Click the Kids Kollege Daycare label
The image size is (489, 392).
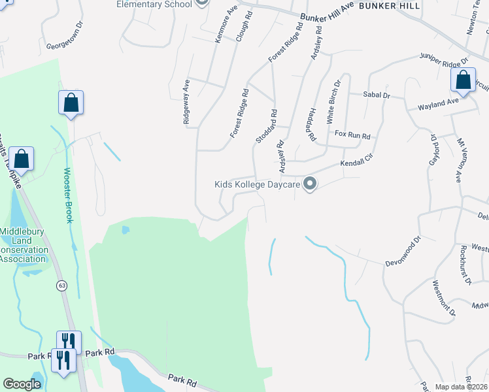tap(257, 185)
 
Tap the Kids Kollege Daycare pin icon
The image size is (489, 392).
tap(311, 185)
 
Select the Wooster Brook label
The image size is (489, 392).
tap(67, 195)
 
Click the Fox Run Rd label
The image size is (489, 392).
tap(352, 136)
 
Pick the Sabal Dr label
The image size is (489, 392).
tap(377, 95)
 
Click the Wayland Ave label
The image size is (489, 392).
tap(439, 104)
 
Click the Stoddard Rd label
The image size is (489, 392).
tap(266, 126)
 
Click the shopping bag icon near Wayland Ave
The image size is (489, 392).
tap(462, 81)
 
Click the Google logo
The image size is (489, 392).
tap(22, 384)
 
